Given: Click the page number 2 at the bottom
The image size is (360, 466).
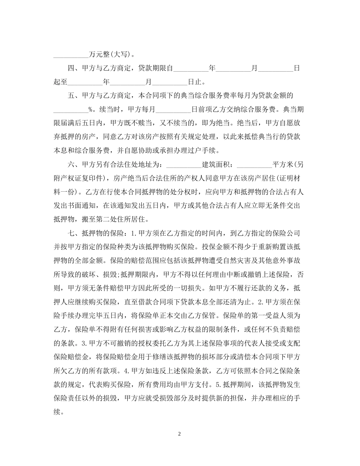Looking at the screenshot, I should coord(180,434).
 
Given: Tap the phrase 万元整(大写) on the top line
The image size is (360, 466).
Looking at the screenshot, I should coord(109,54).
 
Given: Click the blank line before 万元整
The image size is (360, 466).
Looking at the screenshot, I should coord(70,54).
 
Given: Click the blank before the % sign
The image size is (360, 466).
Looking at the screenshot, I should coord(70,109).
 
